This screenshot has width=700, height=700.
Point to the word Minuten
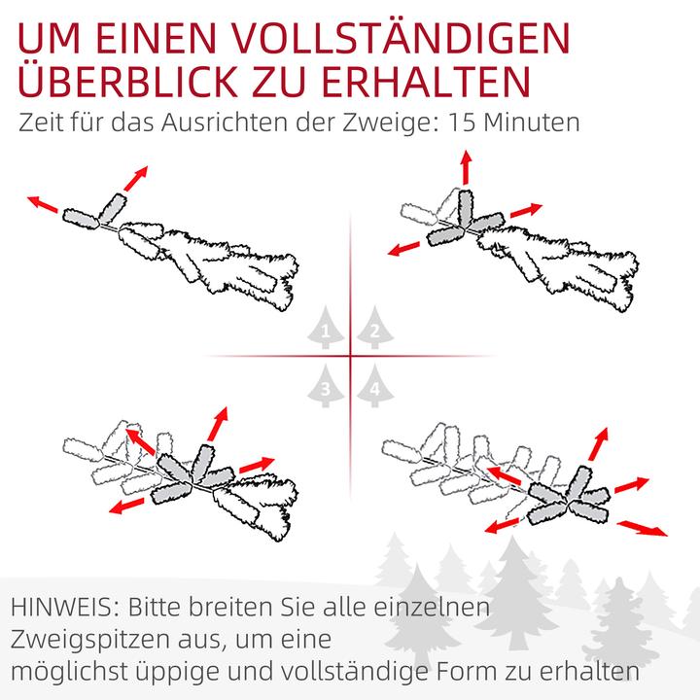tap(538, 123)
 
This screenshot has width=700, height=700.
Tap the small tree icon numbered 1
tap(327, 331)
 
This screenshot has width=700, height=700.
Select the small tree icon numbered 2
tap(373, 331)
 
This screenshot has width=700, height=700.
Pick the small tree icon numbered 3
tap(327, 387)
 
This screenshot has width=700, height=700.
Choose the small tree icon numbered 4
tap(373, 387)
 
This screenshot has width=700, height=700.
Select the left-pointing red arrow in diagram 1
tap(44, 202)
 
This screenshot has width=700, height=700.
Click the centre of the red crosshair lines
tap(350, 357)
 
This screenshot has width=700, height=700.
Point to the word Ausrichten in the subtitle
tap(231, 123)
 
